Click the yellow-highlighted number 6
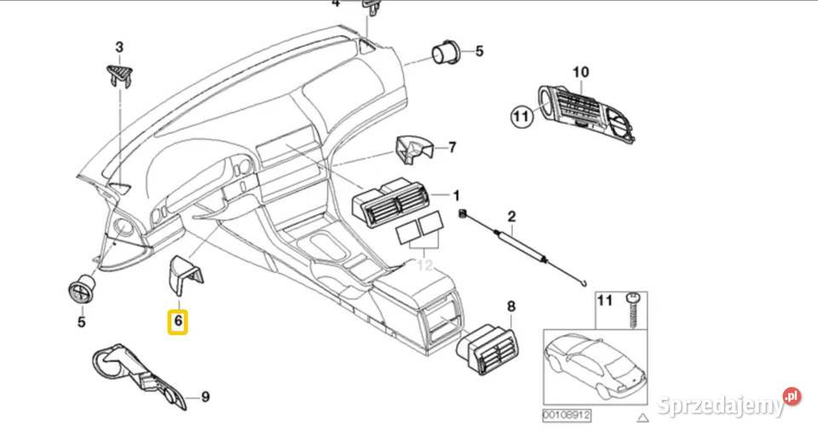(x=178, y=321)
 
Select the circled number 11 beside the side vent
(x=521, y=116)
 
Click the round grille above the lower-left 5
(x=82, y=288)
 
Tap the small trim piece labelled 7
(x=416, y=150)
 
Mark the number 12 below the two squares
(x=423, y=265)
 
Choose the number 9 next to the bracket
(x=204, y=396)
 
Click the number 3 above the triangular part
(x=119, y=47)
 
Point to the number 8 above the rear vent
(x=511, y=306)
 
